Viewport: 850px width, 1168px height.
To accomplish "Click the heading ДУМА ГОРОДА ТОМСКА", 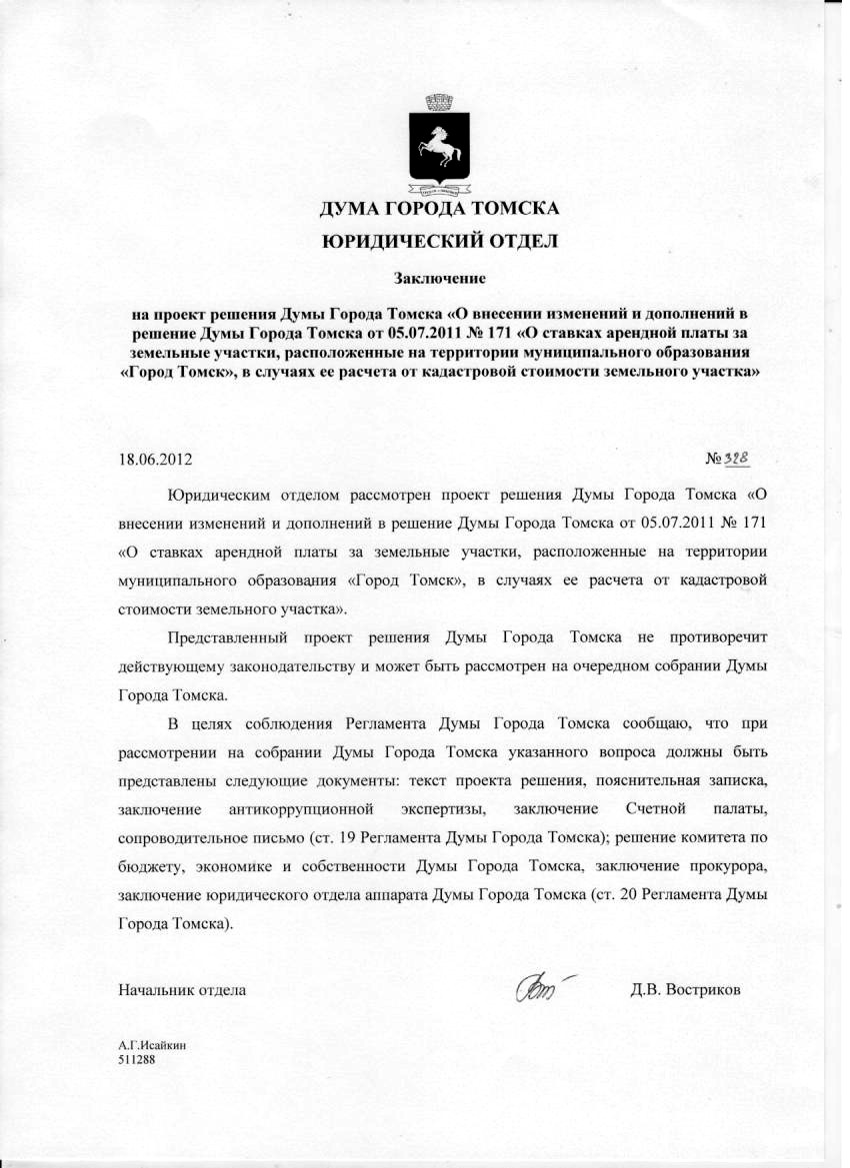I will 439,210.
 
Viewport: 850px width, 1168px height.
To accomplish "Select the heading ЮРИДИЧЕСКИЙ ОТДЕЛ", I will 439,241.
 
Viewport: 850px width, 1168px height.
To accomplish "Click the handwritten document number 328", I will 736,457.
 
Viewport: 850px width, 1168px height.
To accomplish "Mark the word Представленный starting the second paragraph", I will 232,636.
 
